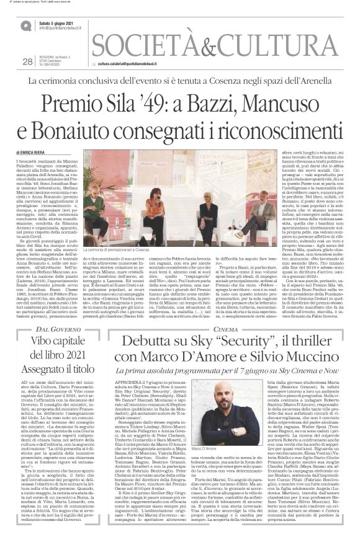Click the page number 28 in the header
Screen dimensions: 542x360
tap(27, 61)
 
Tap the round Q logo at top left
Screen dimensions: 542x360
tap(26, 26)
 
